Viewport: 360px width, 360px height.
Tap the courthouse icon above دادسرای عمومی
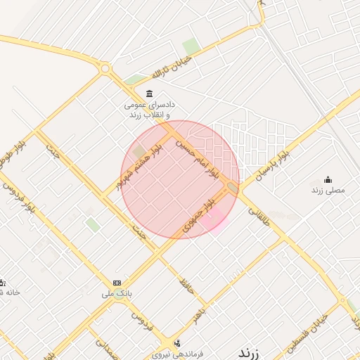[x=148, y=94]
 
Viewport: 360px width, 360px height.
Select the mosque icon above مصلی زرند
[x=327, y=179]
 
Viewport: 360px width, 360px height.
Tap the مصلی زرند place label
[x=328, y=190]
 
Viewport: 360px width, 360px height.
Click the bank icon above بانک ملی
[x=117, y=282]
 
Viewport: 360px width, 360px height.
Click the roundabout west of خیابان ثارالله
[x=105, y=69]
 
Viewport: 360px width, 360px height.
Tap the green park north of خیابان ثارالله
[x=191, y=46]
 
